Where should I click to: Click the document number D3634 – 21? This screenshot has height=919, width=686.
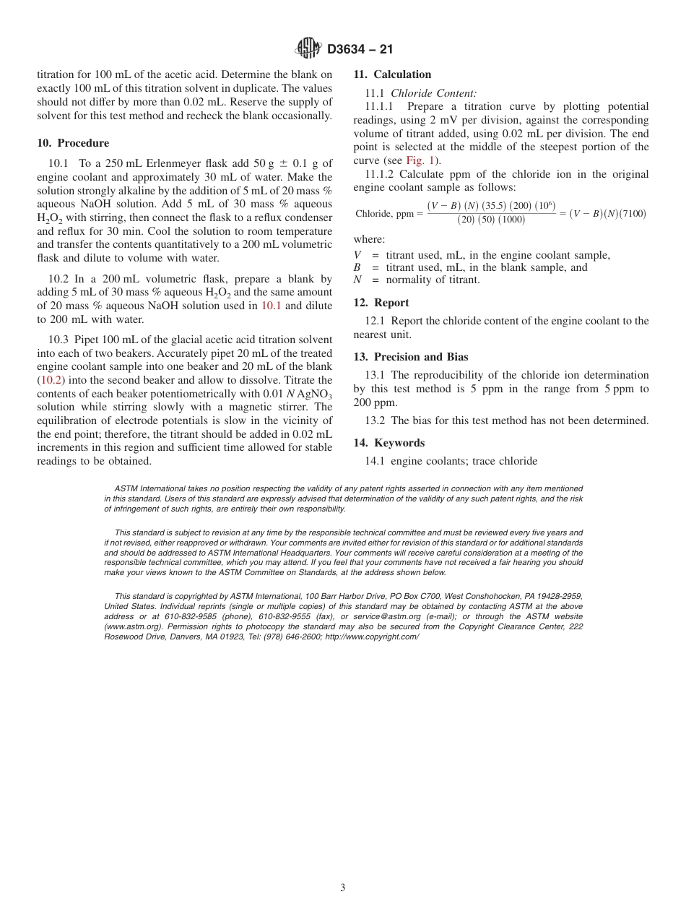click(x=360, y=50)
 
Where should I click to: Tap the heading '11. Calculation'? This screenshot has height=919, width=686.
click(x=392, y=74)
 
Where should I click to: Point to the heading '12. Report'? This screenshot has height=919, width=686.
click(x=381, y=303)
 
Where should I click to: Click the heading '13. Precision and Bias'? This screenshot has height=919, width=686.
click(x=410, y=357)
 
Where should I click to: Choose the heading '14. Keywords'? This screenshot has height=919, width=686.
click(x=388, y=443)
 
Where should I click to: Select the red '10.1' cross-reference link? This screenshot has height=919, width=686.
click(x=272, y=306)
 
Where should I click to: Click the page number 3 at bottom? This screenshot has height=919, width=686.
click(x=342, y=888)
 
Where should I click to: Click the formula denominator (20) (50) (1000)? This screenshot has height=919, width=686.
click(x=491, y=220)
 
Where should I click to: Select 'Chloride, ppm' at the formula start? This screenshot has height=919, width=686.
click(x=385, y=214)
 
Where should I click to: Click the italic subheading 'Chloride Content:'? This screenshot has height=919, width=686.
click(x=433, y=93)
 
